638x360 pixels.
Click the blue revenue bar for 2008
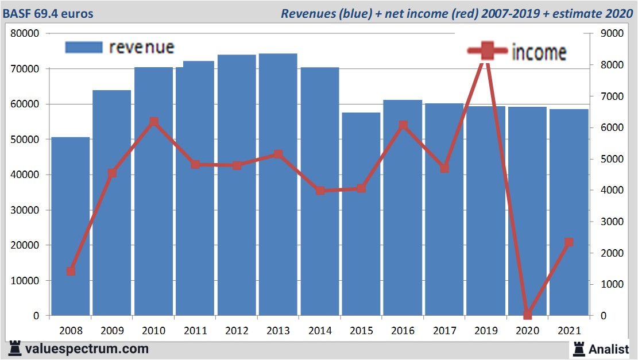tap(71, 227)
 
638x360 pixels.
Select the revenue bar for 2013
tap(278, 184)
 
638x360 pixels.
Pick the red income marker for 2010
tap(153, 122)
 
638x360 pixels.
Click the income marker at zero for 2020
tap(527, 315)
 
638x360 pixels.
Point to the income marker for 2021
tap(569, 242)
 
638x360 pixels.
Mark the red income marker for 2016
tap(403, 125)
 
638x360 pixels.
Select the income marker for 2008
tap(71, 271)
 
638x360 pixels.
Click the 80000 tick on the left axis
tap(25, 33)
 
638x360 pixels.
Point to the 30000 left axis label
tap(25, 210)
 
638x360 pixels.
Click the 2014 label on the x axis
tap(319, 331)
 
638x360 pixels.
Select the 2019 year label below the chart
tap(486, 331)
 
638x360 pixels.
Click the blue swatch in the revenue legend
tap(83, 47)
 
